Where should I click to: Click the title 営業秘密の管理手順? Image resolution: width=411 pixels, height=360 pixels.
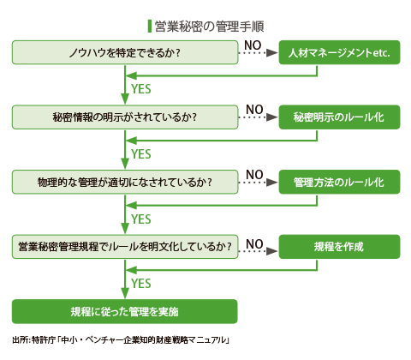click(209, 27)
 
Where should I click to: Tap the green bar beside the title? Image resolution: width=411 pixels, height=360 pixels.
click(150, 27)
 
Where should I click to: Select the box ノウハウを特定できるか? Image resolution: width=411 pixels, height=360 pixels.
click(125, 52)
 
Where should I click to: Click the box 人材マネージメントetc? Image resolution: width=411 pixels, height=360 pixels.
click(339, 52)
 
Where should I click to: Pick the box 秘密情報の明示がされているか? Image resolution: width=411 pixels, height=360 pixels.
click(125, 117)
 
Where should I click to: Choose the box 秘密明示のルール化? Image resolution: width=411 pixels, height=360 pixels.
click(339, 117)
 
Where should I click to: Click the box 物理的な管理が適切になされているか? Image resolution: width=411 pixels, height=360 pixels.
click(125, 182)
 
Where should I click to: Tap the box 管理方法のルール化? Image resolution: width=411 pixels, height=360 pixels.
click(339, 182)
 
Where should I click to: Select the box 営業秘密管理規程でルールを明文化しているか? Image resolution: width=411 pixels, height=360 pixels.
click(125, 247)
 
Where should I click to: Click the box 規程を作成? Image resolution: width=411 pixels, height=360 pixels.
click(339, 247)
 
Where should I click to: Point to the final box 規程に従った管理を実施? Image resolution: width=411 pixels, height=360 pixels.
click(125, 311)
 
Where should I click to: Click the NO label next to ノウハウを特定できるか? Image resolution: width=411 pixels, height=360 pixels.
click(253, 45)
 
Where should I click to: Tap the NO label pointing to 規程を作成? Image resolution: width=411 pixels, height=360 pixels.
click(254, 244)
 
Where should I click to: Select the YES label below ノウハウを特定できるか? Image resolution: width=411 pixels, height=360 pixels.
click(141, 89)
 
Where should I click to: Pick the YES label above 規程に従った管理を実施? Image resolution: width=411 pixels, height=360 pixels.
click(141, 284)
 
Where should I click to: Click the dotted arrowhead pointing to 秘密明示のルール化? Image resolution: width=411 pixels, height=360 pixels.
click(271, 117)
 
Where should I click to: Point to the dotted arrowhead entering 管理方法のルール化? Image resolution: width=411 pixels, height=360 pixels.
click(271, 182)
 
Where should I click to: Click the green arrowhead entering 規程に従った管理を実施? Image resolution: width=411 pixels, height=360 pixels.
click(125, 293)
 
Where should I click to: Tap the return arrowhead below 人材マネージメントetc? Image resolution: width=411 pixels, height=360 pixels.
click(131, 76)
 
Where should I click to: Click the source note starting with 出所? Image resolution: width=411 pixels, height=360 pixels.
click(121, 340)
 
